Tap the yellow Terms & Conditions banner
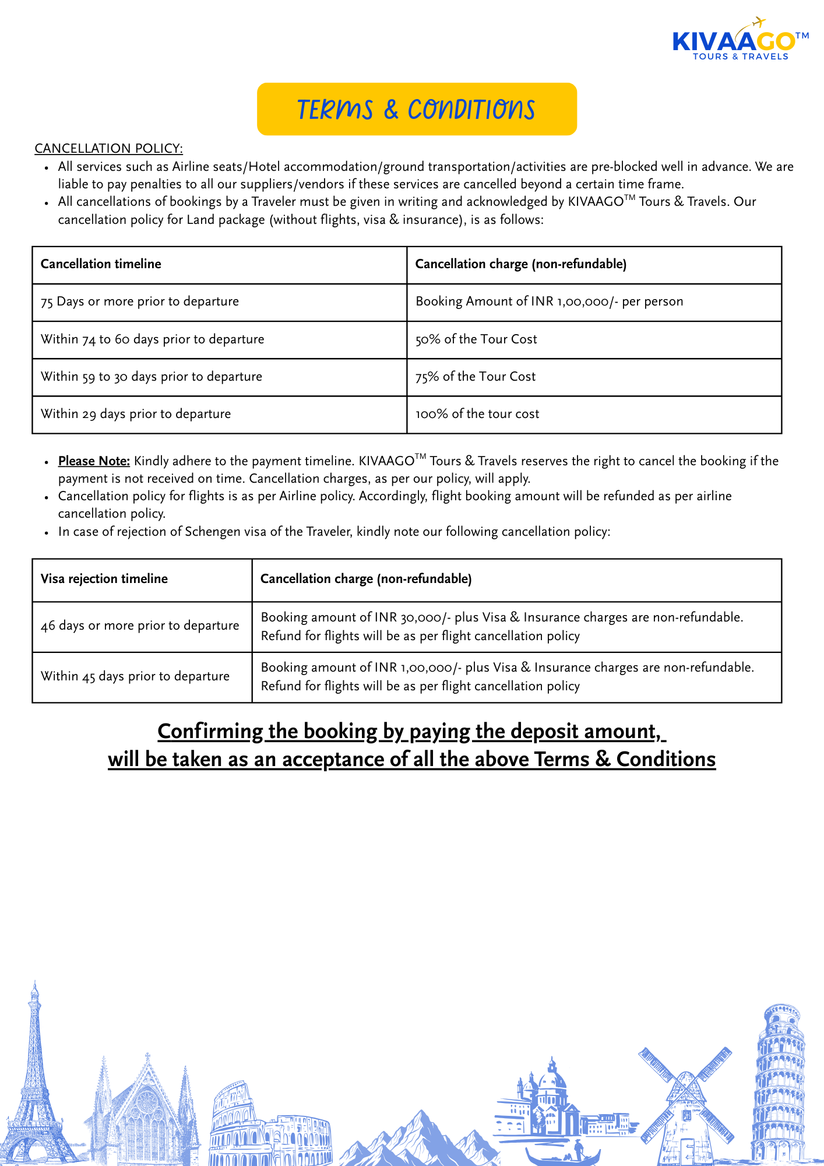coord(417,109)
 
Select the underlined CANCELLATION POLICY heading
coord(108,149)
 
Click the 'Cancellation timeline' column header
coord(101,264)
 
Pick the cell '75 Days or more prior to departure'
coord(140,302)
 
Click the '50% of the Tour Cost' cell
coord(476,339)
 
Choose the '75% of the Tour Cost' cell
coord(475,377)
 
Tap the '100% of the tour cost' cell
coord(477,414)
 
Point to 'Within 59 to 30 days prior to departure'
coord(152,377)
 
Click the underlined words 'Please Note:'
coord(94,461)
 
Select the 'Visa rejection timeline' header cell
coord(104,579)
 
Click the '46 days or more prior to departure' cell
coord(140,626)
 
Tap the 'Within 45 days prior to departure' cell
coord(135,676)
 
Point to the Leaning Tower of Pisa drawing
coord(779,1084)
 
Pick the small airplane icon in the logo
coord(758,23)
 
